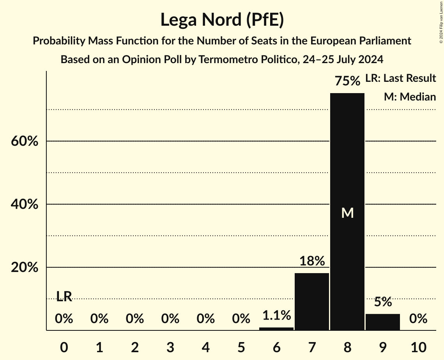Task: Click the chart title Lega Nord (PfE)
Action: click(x=222, y=19)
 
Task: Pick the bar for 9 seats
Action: click(x=382, y=322)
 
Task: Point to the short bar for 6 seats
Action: click(x=276, y=328)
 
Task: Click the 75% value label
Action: click(x=347, y=81)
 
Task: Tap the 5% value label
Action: click(x=383, y=302)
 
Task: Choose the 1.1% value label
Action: click(x=276, y=315)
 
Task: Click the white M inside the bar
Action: click(x=347, y=213)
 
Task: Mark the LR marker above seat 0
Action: click(x=64, y=296)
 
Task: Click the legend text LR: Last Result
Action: click(x=400, y=78)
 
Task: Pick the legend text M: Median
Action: click(x=410, y=97)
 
